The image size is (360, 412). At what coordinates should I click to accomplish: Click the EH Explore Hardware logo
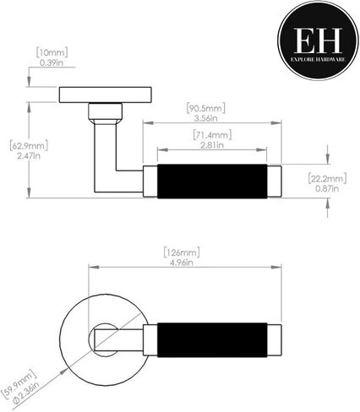pos(319,41)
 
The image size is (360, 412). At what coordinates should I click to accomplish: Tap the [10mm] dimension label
pos(52,52)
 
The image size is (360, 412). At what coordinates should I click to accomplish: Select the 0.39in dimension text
pos(52,62)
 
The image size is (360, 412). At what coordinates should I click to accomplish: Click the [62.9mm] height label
pos(29,145)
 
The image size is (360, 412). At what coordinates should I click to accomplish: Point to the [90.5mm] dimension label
pos(206,108)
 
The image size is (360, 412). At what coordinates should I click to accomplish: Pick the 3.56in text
pos(206,118)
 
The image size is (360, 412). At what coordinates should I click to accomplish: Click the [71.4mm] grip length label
pos(212,135)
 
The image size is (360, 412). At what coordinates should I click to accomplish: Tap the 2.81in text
pos(212,145)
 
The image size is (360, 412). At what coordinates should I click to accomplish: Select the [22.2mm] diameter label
pos(327,178)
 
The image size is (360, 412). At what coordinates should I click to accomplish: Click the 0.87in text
pos(327,188)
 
